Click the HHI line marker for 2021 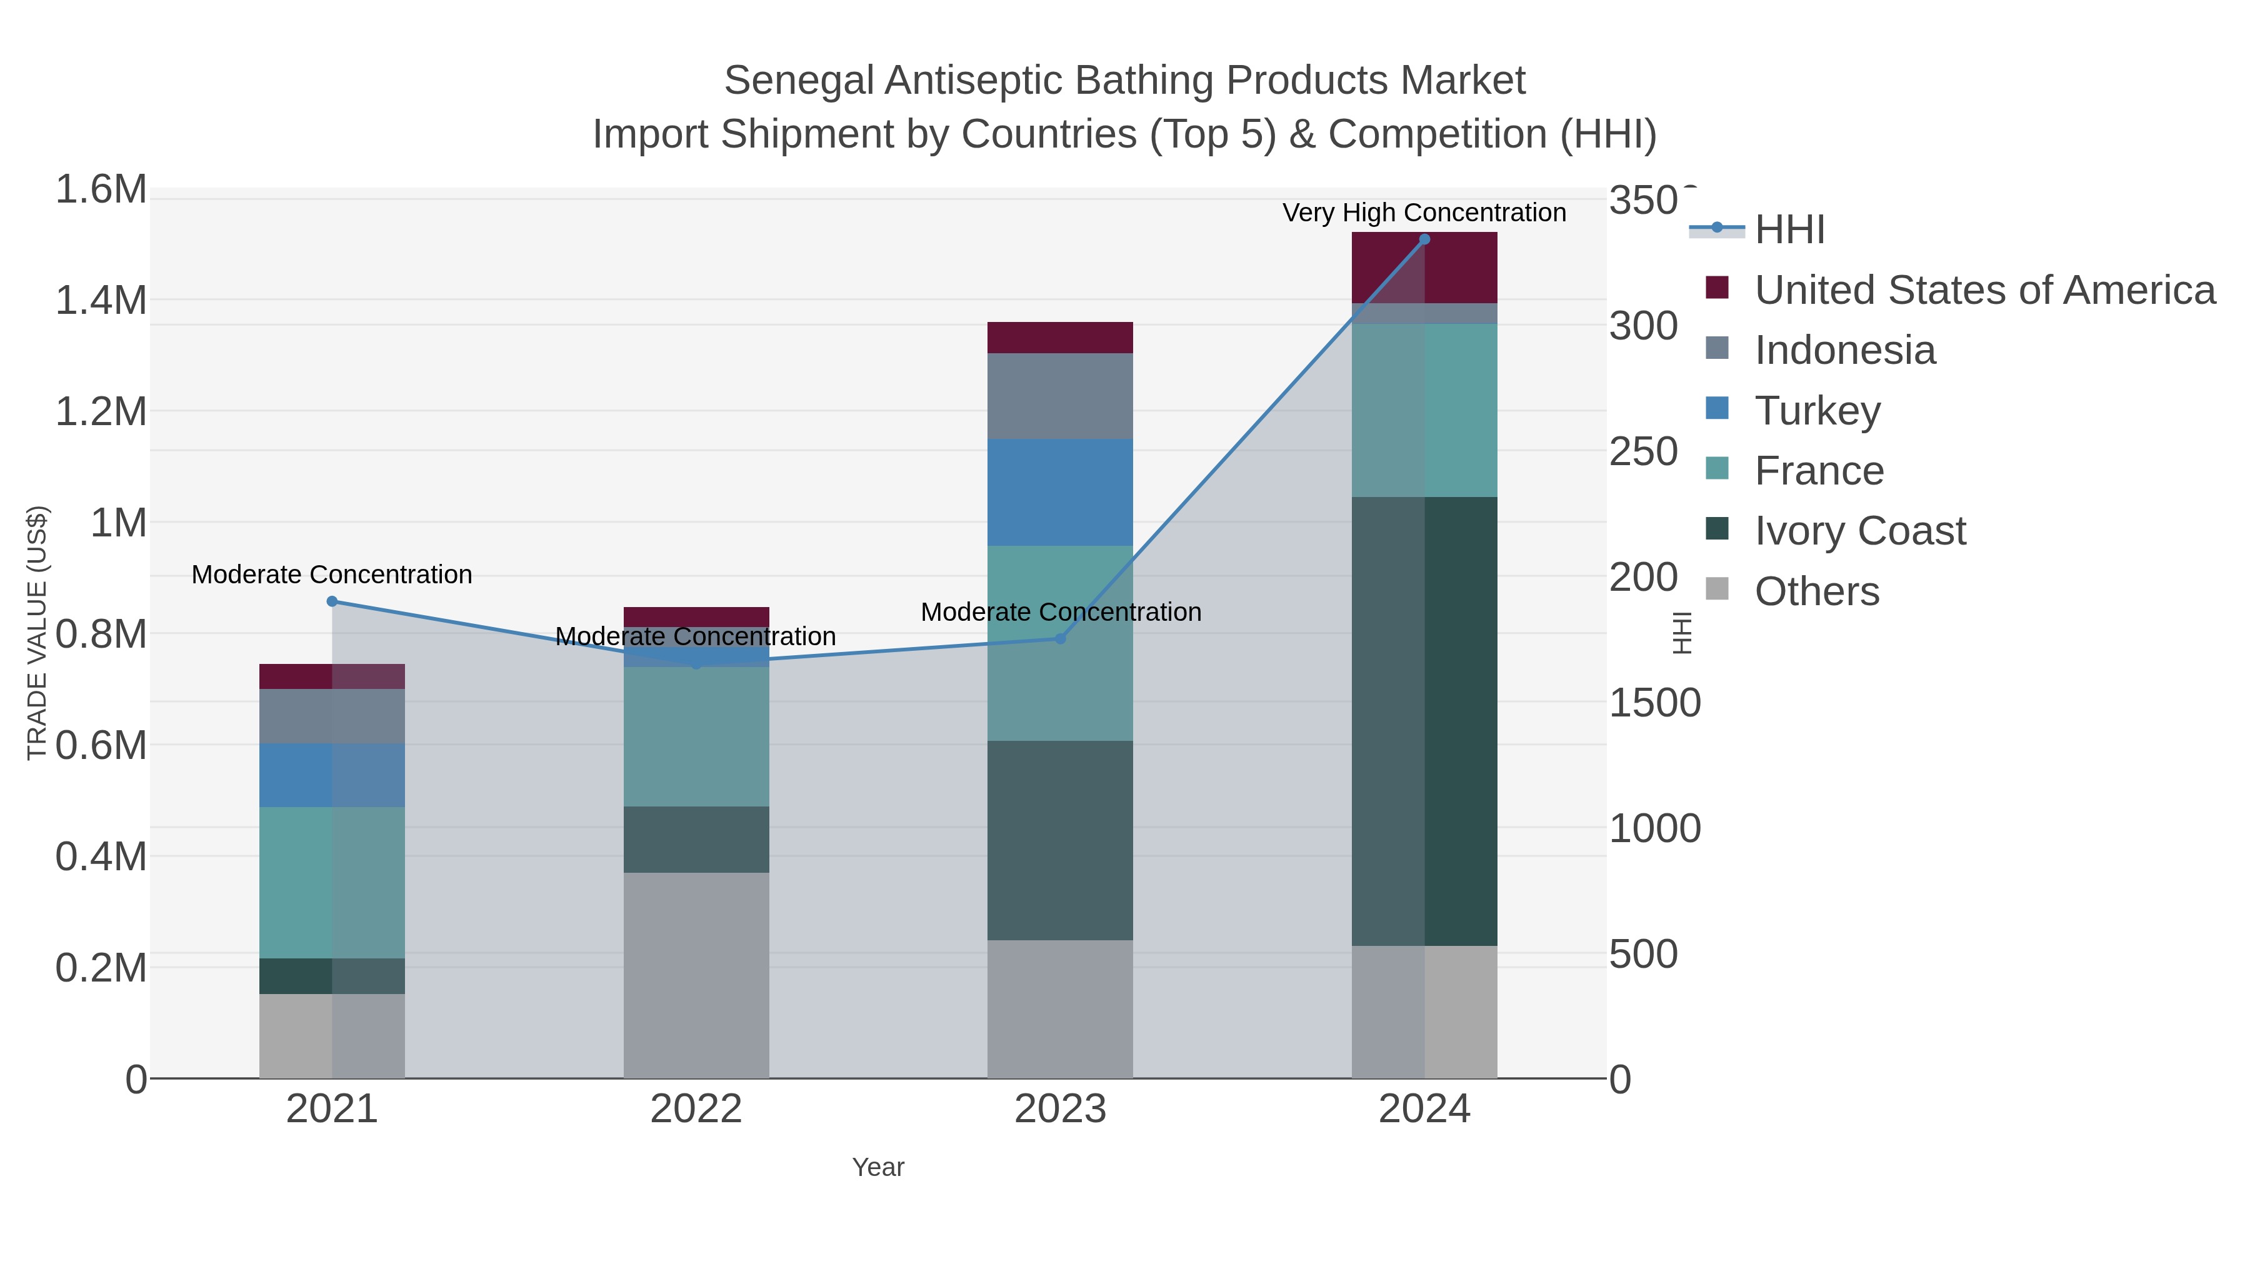coord(332,601)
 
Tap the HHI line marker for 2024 coord(1424,239)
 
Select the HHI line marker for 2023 coord(1061,639)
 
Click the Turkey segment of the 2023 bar coord(1061,492)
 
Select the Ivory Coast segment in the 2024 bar coord(1424,721)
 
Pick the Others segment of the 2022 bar coord(696,974)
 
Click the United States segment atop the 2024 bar coord(1424,268)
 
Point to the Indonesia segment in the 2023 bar coord(1061,396)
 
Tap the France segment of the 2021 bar coord(332,882)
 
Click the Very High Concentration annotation coord(1424,213)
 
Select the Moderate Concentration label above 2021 coord(332,574)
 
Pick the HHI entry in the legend coord(1789,229)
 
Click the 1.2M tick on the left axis coord(101,411)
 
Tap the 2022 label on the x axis coord(696,1108)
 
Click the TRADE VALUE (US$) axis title coord(37,633)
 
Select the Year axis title coord(878,1167)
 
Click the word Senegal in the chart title coord(798,81)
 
